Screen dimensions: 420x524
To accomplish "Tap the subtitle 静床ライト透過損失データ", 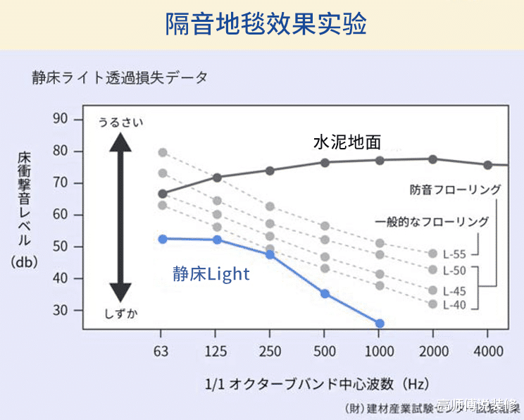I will [119, 78].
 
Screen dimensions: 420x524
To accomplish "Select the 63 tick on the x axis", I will [163, 350].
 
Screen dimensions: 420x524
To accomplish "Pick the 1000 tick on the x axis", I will [380, 350].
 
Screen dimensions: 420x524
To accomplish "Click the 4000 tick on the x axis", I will [487, 350].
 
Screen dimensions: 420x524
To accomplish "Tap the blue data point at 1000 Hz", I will [380, 323].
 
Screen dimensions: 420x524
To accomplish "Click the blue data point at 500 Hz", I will [325, 293].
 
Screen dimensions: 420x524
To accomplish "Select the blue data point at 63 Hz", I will [163, 239].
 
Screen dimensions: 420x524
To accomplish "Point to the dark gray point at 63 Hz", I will [163, 194].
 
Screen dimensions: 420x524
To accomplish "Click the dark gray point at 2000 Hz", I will [433, 159].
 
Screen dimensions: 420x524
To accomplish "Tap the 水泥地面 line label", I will [347, 142].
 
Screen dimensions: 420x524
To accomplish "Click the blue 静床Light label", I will [211, 273].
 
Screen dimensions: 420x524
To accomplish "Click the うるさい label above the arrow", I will [120, 123].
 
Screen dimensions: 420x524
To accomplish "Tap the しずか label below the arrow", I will [120, 314].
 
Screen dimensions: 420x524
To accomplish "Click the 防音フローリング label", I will [456, 190].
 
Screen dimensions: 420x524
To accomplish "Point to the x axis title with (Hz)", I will [317, 384].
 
